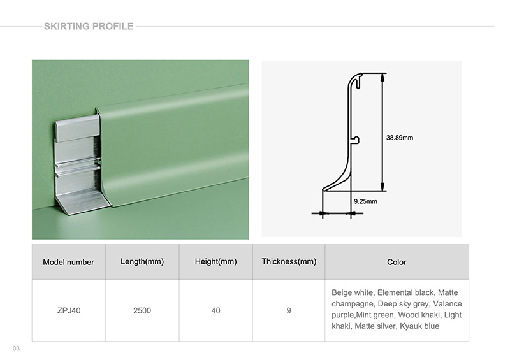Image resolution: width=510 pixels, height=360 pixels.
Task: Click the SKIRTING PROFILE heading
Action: point(89,26)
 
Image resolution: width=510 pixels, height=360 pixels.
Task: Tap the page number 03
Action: point(16,348)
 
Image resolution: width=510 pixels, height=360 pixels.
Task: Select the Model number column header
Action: point(68,262)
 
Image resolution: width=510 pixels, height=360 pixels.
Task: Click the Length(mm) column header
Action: point(142,261)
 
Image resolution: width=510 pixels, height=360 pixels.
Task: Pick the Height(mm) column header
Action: point(216,261)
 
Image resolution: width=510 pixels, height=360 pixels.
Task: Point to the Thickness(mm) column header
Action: point(289,261)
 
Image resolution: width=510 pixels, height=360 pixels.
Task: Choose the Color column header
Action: point(397,262)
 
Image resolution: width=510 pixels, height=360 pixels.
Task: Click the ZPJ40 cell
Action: point(68,310)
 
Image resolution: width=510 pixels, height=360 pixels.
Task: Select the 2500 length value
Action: point(142,310)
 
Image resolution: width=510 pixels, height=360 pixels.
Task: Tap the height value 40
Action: point(216,310)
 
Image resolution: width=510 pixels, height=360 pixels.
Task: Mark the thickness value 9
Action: point(289,310)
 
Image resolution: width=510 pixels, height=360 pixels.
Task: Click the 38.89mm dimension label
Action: point(400,137)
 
